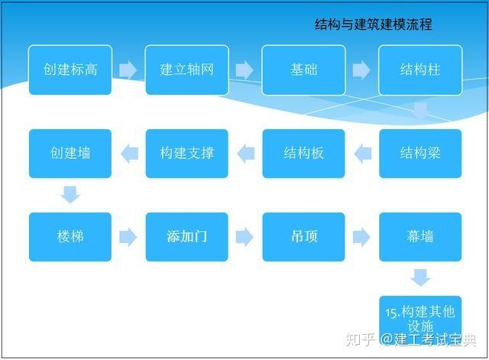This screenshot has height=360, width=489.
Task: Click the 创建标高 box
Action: (x=70, y=70)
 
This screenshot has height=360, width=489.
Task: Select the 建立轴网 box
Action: (x=186, y=70)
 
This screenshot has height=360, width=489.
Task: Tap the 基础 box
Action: (x=303, y=70)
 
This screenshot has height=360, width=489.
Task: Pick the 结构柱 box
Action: (x=420, y=70)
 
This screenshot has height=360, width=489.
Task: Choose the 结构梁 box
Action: (x=420, y=154)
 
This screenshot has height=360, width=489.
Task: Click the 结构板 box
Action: (x=303, y=154)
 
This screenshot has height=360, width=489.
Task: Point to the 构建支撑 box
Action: (x=186, y=154)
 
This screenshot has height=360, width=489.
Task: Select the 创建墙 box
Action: (x=70, y=154)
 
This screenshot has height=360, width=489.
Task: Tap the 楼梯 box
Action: (x=70, y=237)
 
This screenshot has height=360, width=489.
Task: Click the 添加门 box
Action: (x=186, y=237)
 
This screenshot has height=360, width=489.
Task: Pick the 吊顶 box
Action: (x=303, y=237)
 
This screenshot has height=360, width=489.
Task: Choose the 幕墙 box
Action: (x=420, y=237)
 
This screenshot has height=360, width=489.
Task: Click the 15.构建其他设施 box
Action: (x=420, y=318)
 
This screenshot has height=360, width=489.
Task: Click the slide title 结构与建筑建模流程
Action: (x=374, y=24)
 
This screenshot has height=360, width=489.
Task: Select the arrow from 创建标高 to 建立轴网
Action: (x=128, y=70)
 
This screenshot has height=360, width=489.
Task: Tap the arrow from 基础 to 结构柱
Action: (x=361, y=70)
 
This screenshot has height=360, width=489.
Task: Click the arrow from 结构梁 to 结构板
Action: (x=362, y=154)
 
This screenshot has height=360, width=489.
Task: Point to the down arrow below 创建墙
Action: (x=70, y=194)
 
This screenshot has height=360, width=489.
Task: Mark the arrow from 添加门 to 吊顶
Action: (x=244, y=237)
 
